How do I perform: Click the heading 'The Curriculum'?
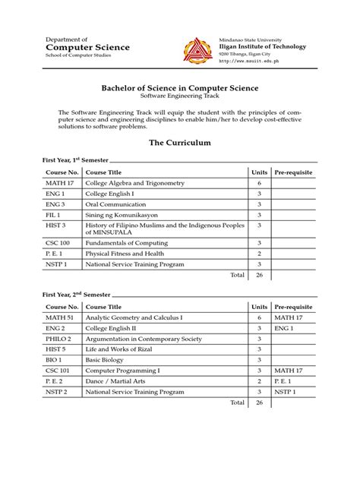179,142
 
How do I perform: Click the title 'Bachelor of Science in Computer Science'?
179,88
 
